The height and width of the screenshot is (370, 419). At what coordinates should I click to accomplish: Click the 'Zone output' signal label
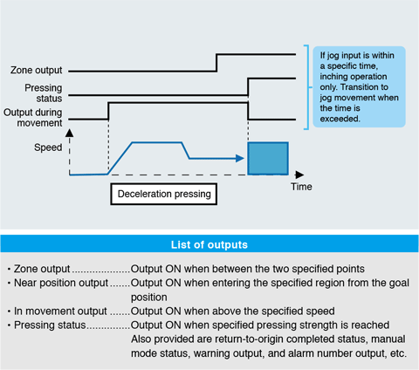tap(38, 71)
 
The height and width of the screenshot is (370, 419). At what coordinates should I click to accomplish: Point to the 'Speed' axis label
tap(48, 147)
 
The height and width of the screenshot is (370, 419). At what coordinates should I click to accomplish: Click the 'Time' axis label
tap(301, 186)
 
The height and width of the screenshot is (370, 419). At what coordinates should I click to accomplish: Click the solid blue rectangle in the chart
tap(268, 157)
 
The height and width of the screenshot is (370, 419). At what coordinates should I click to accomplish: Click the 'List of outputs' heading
tap(209, 246)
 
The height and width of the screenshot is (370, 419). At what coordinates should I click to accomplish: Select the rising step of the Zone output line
tap(216, 61)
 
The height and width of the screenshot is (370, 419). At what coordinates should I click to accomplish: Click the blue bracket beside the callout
tap(306, 87)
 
